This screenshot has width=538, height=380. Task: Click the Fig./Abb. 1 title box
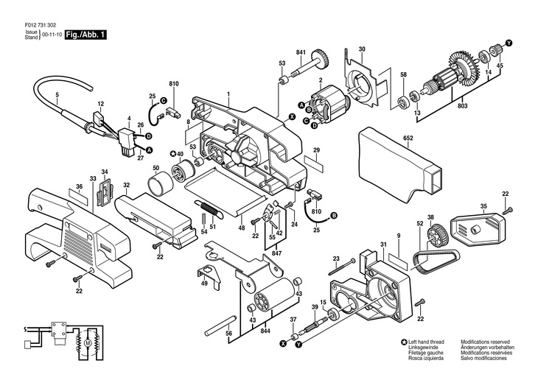tap(85, 35)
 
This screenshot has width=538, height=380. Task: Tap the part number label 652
tap(408, 138)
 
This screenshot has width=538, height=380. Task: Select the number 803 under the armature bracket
tap(462, 106)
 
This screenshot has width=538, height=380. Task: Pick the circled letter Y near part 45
tap(509, 43)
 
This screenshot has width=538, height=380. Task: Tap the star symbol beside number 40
tap(173, 154)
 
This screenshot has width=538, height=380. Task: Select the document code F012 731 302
tap(41, 25)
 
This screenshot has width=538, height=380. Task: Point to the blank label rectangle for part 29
tap(314, 163)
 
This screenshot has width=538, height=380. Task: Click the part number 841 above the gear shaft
tap(301, 52)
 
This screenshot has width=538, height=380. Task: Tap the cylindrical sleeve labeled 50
tap(161, 182)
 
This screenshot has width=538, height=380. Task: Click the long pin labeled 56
tap(219, 325)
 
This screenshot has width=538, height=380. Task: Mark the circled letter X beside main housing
tap(292, 117)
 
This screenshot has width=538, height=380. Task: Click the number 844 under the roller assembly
tap(265, 331)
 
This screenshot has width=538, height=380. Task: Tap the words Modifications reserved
tap(485, 342)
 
